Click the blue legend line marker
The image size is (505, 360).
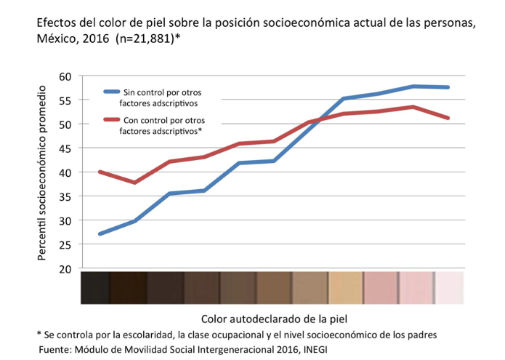pos(111,92)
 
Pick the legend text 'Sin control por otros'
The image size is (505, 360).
pos(162,92)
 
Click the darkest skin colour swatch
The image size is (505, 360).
pos(96,287)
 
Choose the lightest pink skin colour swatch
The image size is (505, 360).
pos(449,287)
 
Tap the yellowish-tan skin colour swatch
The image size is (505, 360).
pos(346,287)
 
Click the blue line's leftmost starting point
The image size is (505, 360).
pos(100,234)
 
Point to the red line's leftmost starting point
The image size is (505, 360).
pos(100,172)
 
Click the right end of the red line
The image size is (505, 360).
pos(448,118)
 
